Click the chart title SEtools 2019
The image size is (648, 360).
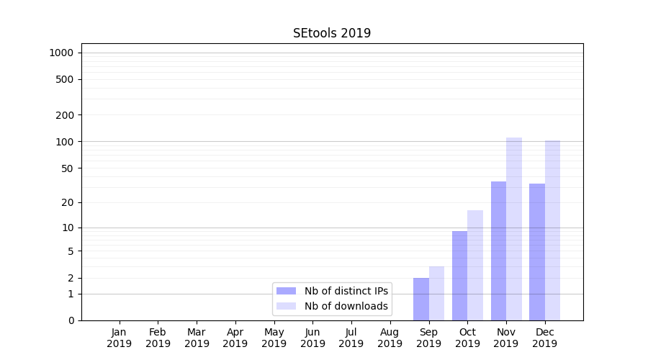tap(332, 33)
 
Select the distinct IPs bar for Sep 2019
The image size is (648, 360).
tap(421, 299)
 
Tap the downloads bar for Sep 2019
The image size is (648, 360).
tap(436, 293)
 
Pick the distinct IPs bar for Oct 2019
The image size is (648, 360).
tap(459, 276)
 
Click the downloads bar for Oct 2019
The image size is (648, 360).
tap(475, 265)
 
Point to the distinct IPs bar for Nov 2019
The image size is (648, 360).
tap(498, 251)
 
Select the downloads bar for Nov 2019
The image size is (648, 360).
tap(514, 229)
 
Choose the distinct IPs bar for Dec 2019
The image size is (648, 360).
tap(537, 252)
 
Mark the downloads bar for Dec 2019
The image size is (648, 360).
tap(552, 230)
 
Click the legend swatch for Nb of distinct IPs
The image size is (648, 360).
tap(287, 291)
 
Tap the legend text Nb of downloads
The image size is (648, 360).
tap(346, 306)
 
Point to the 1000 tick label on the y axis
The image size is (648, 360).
tap(61, 53)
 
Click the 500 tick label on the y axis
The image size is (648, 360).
tap(65, 79)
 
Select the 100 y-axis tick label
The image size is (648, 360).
tap(65, 141)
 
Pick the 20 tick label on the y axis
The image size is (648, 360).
tap(68, 202)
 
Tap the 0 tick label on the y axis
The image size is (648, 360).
tap(71, 320)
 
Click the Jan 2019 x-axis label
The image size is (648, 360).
tap(120, 338)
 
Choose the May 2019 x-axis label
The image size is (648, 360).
tap(274, 338)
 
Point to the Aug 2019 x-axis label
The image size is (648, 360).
tap(390, 338)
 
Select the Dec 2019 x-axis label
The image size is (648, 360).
tap(545, 338)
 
